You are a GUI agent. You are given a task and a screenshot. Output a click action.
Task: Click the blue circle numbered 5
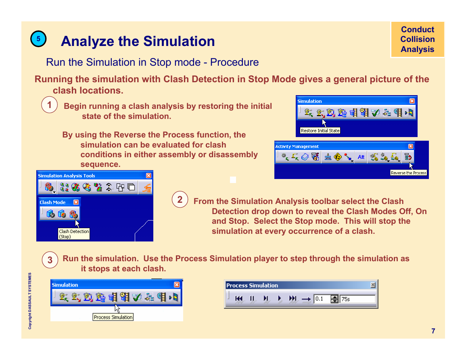tap(38, 39)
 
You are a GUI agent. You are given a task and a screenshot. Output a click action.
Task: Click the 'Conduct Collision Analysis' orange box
tap(418, 39)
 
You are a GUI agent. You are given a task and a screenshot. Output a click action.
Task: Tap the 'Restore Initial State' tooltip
tap(320, 131)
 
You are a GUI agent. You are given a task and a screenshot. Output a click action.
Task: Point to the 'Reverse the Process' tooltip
tap(409, 173)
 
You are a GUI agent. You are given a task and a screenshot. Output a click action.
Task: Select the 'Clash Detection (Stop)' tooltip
tap(74, 234)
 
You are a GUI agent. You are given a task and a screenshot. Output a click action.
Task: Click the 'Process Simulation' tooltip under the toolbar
tap(113, 317)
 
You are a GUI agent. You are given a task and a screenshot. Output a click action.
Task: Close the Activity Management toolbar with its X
tap(411, 146)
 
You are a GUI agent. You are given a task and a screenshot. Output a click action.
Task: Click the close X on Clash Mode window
tap(76, 202)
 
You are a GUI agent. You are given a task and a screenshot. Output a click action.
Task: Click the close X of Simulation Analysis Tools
tap(148, 175)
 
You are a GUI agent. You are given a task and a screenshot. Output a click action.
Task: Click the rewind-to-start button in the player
tap(238, 298)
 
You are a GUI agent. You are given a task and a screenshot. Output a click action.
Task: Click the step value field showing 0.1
tap(322, 299)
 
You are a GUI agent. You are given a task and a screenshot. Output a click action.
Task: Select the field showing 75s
tap(358, 299)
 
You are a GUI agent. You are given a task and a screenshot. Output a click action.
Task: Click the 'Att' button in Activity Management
tap(361, 157)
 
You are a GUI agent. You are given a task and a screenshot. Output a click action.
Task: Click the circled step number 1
tap(49, 104)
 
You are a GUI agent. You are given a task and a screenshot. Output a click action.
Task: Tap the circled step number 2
tap(180, 199)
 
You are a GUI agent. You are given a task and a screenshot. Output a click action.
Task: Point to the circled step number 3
tap(50, 260)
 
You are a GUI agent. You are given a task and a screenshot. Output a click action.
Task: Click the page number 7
tap(433, 331)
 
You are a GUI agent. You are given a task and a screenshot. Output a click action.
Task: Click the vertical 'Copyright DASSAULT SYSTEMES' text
tap(30, 301)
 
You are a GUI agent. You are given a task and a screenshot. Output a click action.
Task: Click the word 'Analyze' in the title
tap(88, 41)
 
